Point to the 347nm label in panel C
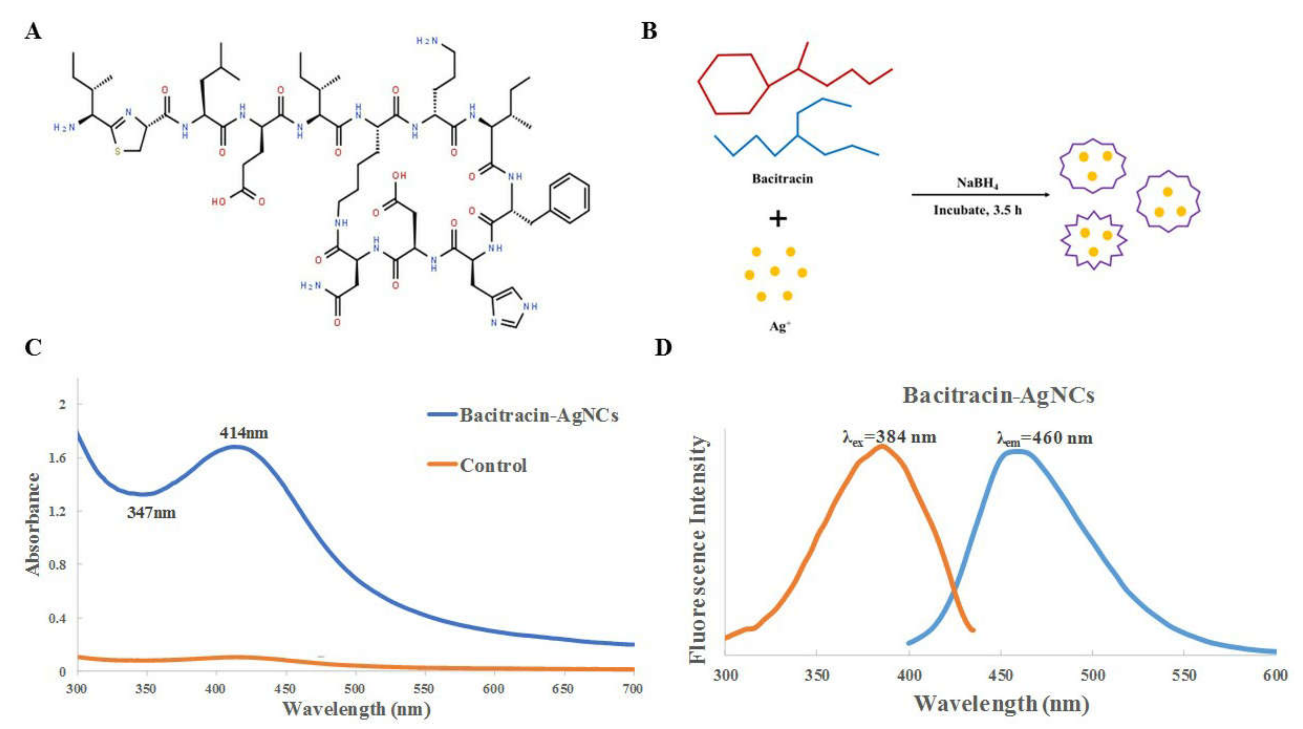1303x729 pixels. [151, 513]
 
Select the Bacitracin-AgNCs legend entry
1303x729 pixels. [538, 415]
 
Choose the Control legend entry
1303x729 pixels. [493, 465]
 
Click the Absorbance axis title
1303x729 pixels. [33, 524]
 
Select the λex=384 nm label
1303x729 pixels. [889, 437]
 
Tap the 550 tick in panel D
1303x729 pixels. [1184, 675]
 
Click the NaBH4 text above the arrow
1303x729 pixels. [977, 183]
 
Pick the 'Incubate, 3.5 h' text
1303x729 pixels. [977, 210]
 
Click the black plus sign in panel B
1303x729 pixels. [778, 219]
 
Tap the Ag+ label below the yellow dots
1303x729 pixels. [779, 326]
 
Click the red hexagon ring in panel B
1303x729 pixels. [733, 83]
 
